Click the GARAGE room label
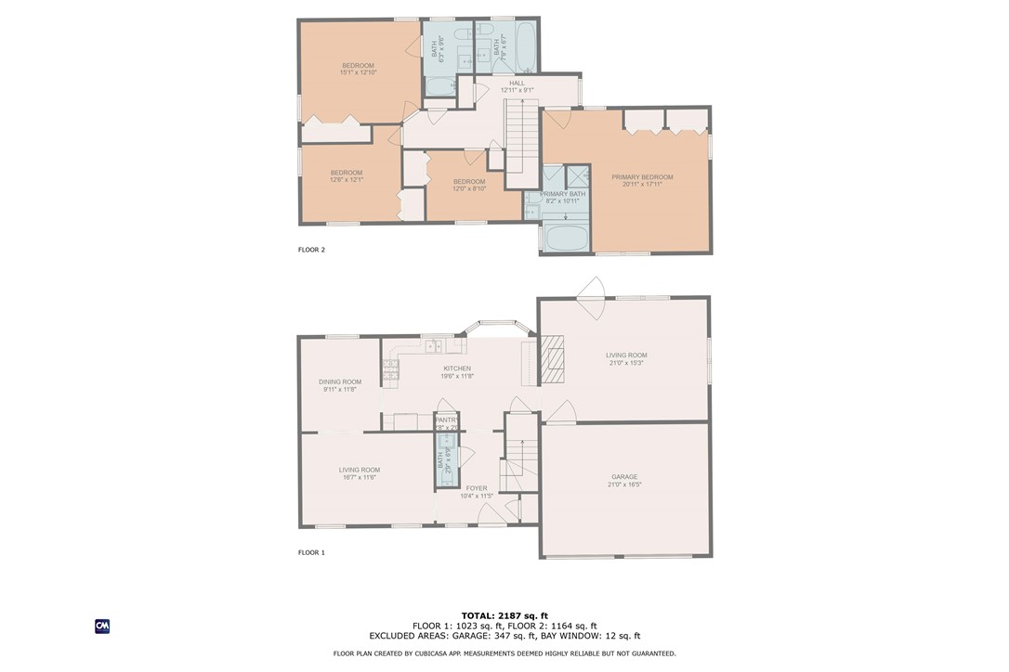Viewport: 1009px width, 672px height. pyautogui.click(x=624, y=477)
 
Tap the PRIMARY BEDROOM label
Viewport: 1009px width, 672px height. pyautogui.click(x=642, y=177)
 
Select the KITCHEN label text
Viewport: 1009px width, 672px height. pyautogui.click(x=456, y=368)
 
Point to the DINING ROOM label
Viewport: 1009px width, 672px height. pyautogui.click(x=340, y=381)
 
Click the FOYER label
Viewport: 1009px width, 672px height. pyautogui.click(x=477, y=488)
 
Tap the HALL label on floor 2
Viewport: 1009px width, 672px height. pyautogui.click(x=517, y=84)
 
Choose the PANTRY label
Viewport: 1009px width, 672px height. pyautogui.click(x=447, y=420)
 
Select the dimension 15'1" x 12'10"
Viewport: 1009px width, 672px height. pyautogui.click(x=358, y=72)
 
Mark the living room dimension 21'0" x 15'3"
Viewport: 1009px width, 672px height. pyautogui.click(x=626, y=363)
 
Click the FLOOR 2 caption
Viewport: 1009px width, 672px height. pyautogui.click(x=311, y=250)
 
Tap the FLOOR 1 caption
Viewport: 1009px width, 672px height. pyautogui.click(x=311, y=552)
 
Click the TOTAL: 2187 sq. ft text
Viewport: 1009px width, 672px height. pyautogui.click(x=504, y=616)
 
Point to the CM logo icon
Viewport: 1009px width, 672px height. pyautogui.click(x=102, y=627)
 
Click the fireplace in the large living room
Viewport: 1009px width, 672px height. pyautogui.click(x=552, y=359)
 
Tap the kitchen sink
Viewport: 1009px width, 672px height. pyautogui.click(x=433, y=346)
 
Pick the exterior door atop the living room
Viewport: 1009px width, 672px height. pyautogui.click(x=591, y=288)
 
